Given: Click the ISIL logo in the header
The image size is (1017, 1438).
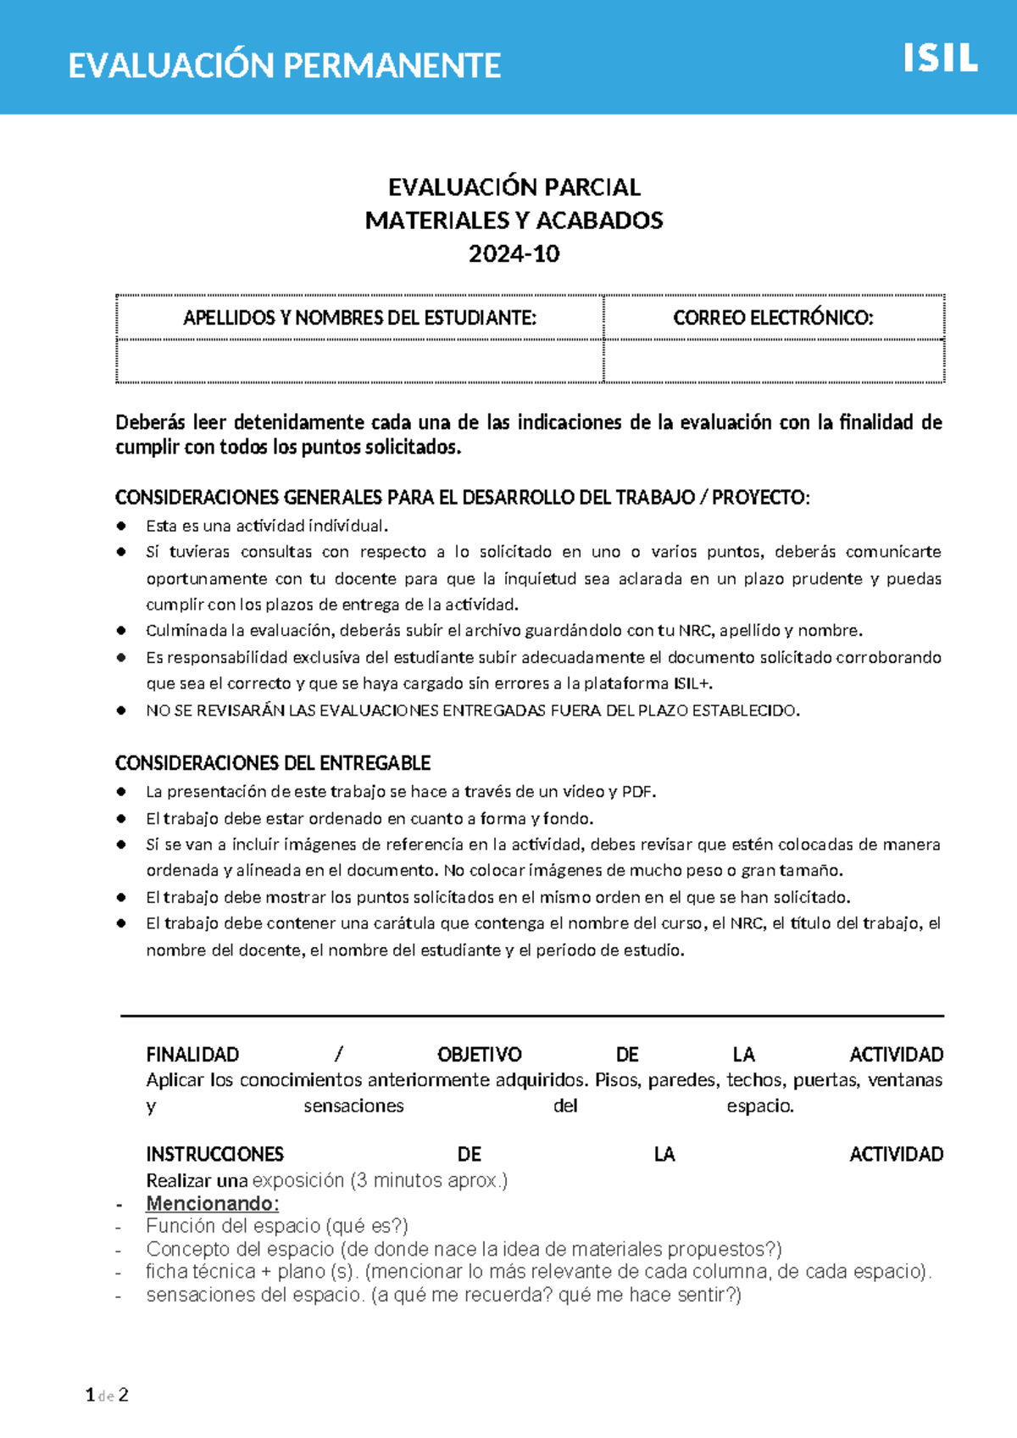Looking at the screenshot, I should pos(940,59).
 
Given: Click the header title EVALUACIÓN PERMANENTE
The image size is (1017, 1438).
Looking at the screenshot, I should pos(284,65).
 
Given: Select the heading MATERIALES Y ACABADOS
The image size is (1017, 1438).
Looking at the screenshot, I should pos(514,220).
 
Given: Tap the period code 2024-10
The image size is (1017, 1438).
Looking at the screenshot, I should pos(514,254).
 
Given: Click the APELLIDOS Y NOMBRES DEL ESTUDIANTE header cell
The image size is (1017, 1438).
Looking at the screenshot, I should pos(359,318).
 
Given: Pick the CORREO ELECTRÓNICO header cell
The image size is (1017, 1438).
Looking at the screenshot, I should pos(773,318).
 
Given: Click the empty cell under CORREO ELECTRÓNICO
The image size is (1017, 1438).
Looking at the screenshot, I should pos(773,361).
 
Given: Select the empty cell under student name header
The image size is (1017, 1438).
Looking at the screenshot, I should pos(359,361).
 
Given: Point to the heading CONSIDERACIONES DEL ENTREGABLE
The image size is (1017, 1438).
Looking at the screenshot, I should pos(273,763).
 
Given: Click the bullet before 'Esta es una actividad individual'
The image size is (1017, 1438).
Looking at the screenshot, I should pos(122,527).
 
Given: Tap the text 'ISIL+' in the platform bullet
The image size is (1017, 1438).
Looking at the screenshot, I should pos(692,683).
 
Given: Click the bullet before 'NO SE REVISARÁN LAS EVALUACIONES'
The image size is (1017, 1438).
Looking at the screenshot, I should pos(122,711).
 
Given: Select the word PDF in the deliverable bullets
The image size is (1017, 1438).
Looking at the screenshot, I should pos(637,792).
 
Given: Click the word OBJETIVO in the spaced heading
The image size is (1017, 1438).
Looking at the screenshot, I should pos(479,1055).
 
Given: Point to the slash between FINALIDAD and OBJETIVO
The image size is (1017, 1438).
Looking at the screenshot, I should pos(339,1055).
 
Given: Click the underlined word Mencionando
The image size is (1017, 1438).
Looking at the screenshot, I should pos(212,1203).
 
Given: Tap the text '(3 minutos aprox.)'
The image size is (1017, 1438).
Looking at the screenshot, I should pos(428,1180).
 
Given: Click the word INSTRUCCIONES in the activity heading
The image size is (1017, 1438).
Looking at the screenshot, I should pos(214,1155).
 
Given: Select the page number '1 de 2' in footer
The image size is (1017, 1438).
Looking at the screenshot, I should pos(107,1396).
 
